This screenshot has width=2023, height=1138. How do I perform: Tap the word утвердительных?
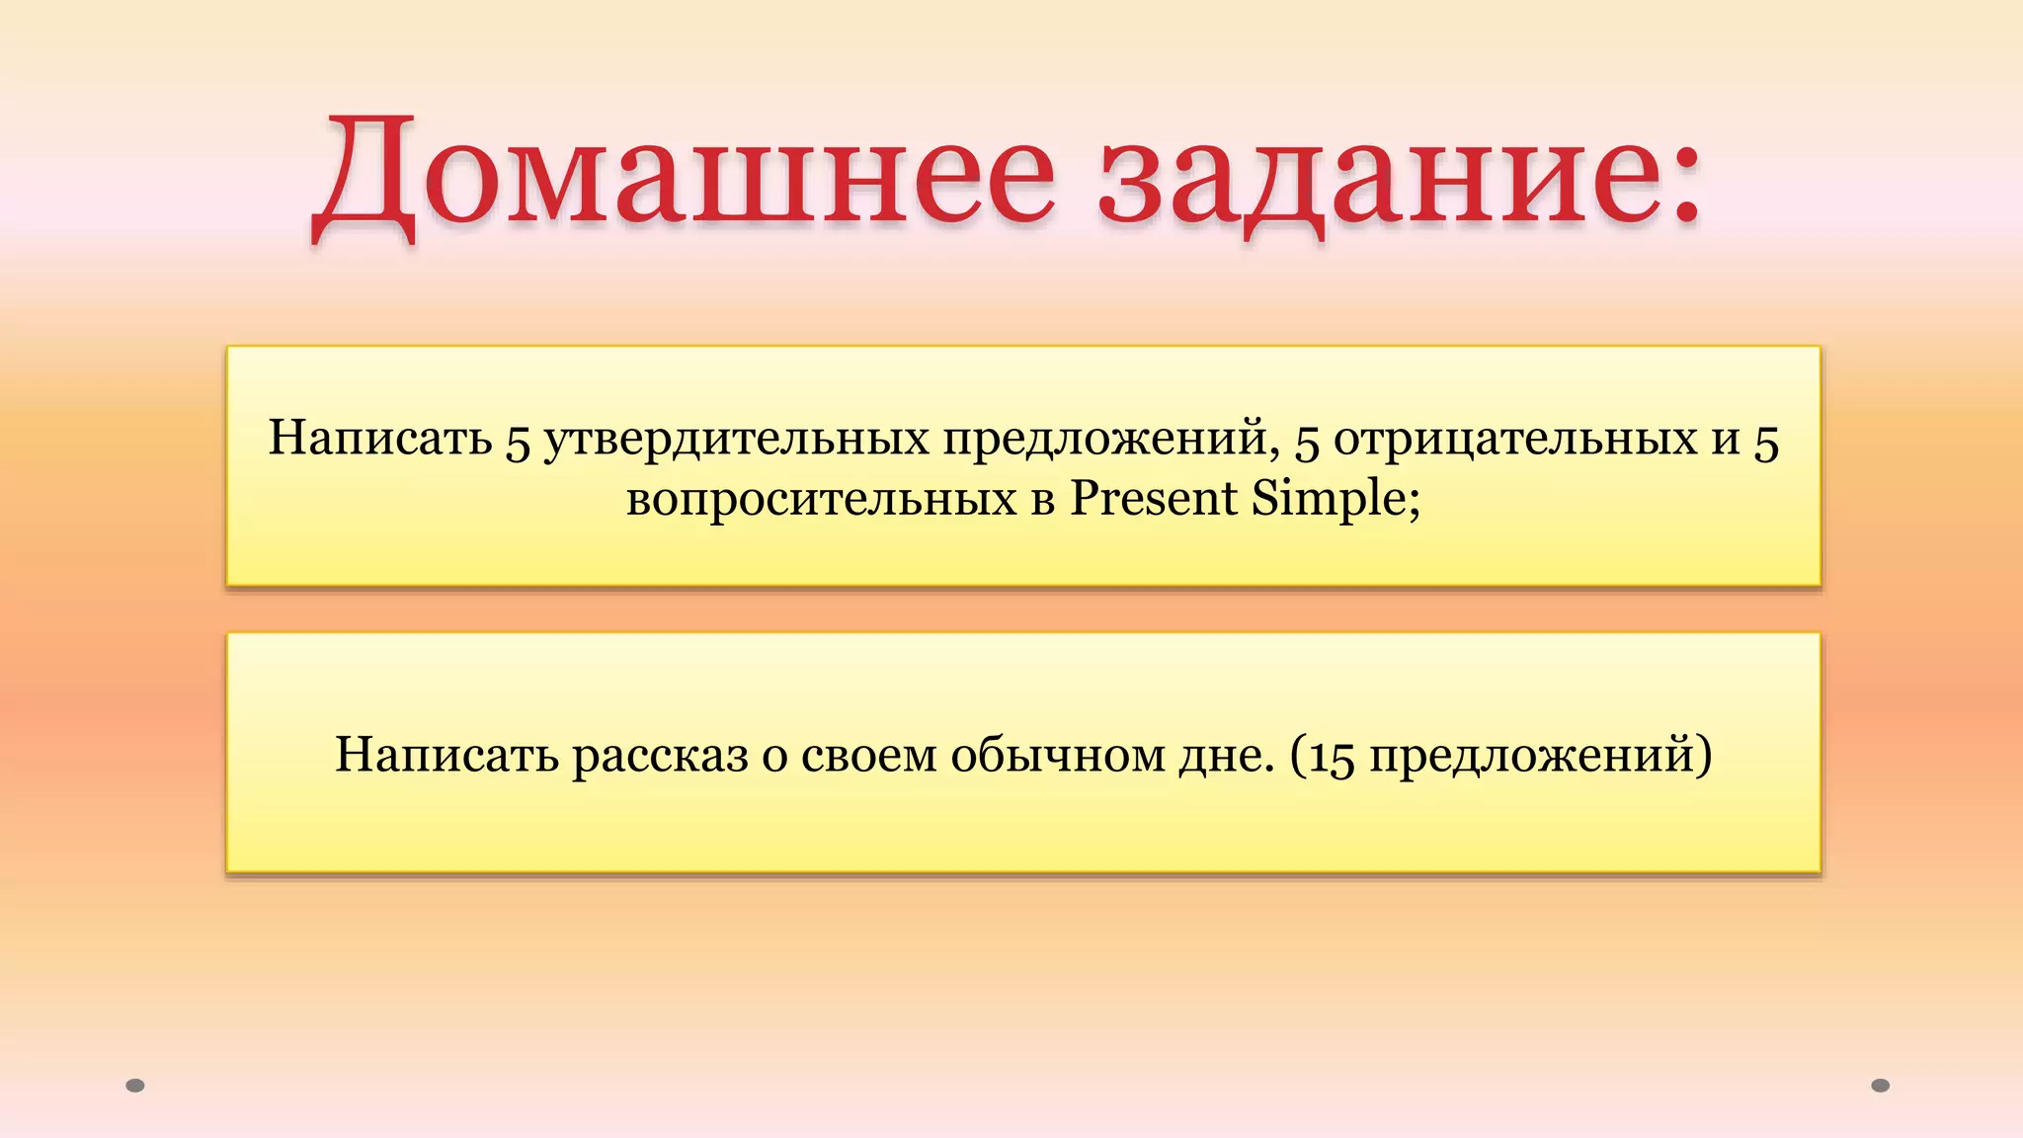(x=737, y=439)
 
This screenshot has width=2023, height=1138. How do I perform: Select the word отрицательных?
(x=1515, y=439)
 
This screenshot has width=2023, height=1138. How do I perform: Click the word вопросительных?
(x=821, y=498)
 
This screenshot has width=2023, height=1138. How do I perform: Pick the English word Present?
(x=1154, y=498)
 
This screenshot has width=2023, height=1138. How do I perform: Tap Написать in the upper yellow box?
(x=380, y=439)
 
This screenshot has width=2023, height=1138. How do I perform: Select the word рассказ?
(x=660, y=756)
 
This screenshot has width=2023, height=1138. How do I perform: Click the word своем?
(x=868, y=756)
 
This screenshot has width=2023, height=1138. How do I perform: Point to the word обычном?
(x=1057, y=756)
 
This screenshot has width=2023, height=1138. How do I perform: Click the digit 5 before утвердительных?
(x=519, y=442)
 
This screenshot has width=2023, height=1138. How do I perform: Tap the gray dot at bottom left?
(x=135, y=1086)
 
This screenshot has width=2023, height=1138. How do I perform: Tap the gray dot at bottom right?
(x=1881, y=1086)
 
